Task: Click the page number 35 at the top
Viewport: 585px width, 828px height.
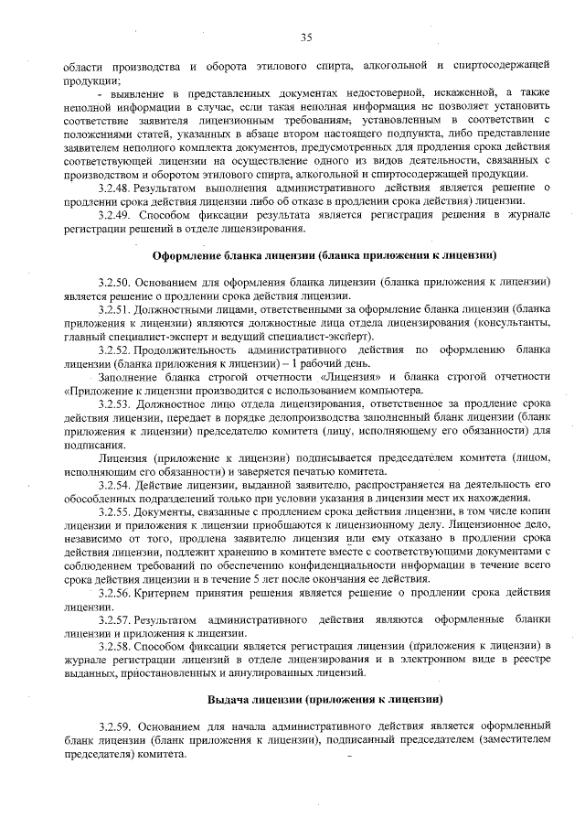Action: [305, 37]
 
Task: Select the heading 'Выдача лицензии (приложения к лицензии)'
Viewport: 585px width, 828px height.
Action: [324, 700]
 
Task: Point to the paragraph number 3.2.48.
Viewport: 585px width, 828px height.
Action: [116, 188]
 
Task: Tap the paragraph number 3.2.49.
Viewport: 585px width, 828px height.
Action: [116, 214]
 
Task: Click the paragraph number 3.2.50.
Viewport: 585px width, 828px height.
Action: [116, 281]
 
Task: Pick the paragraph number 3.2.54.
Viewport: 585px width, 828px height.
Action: [116, 483]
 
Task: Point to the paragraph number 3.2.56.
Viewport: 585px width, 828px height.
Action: [116, 591]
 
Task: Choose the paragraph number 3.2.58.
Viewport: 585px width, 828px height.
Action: [116, 646]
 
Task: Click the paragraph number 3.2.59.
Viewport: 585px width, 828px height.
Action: [116, 727]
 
